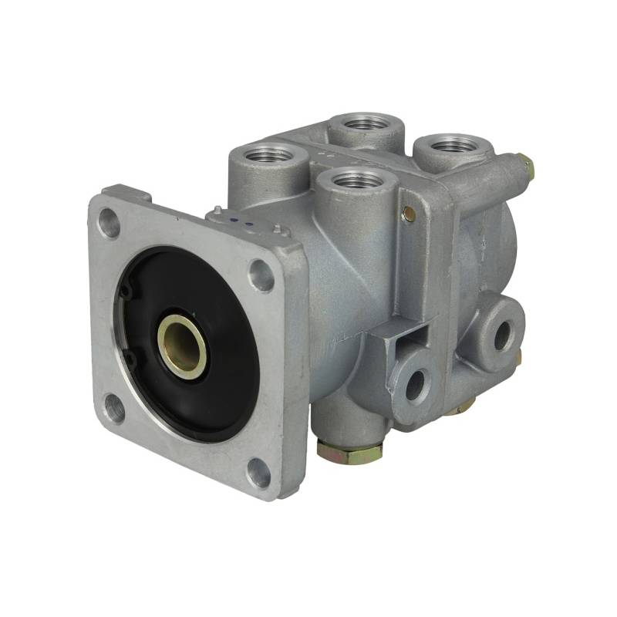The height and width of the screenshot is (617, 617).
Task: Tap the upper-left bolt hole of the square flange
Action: click(110, 223)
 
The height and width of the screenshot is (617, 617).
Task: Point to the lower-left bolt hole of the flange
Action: click(114, 408)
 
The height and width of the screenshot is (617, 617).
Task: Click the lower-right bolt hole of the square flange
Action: click(259, 473)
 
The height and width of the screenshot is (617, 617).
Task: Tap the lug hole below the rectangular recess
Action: click(417, 383)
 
